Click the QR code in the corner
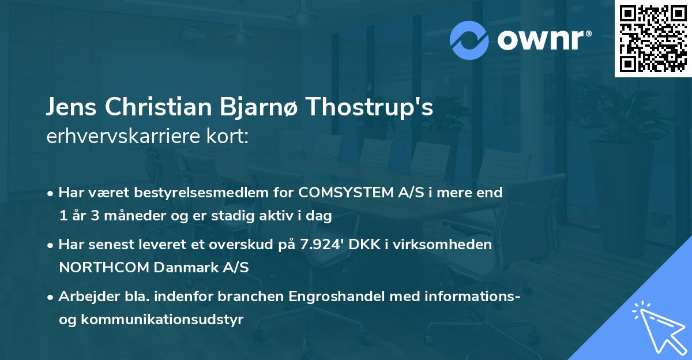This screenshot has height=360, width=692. (x=653, y=39)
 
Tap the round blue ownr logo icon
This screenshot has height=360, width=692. (x=469, y=40)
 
